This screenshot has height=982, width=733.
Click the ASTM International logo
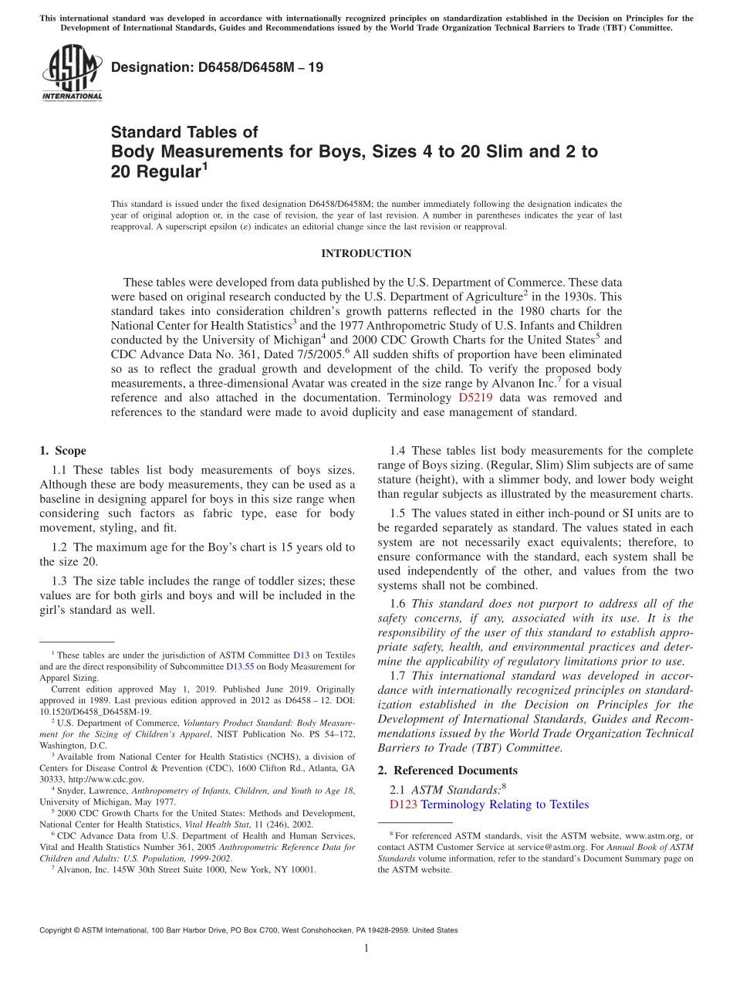72,73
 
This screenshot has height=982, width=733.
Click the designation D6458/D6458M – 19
217,68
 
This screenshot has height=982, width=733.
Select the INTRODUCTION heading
366,254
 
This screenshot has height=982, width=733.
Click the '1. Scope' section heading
62,451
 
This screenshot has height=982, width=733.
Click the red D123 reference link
403,804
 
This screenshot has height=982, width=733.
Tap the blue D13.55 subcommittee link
240,666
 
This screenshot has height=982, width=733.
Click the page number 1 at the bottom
366,948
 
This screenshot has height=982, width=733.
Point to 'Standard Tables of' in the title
184,132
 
